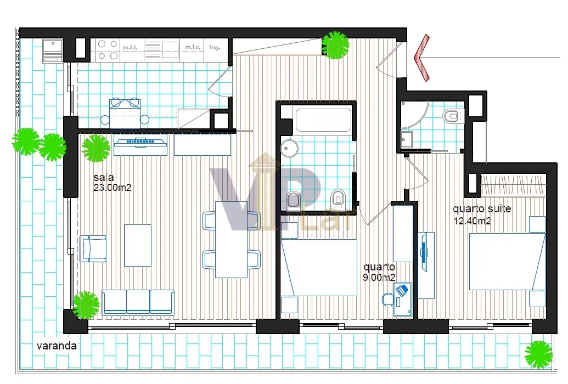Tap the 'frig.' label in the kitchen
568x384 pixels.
coord(215,47)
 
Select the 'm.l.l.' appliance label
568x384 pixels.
coord(131,47)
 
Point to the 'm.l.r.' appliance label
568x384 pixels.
coord(193,47)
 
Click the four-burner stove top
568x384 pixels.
coord(108,50)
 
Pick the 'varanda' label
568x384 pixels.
coord(57,346)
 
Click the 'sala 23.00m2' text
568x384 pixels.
coord(112,183)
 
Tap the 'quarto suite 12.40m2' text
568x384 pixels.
coord(482,214)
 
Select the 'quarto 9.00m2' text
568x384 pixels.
coord(379,272)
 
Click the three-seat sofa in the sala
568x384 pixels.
coord(138,302)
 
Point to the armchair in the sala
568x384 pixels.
coord(93,249)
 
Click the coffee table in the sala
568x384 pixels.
coord(138,245)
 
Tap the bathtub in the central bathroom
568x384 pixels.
coord(323,120)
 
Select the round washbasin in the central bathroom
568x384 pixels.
coord(289,148)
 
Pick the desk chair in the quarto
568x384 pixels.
coord(387,300)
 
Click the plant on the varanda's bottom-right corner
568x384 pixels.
coord(538,354)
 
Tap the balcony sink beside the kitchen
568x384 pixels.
coord(53,50)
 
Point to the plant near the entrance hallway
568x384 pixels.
coord(335,45)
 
